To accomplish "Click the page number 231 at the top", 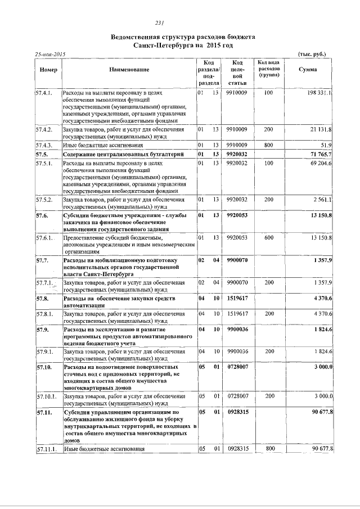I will coord(159,23).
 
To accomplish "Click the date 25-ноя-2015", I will coord(50,54).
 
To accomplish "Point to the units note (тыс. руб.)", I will coord(311,54).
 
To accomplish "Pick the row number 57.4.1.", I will coord(44,92).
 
